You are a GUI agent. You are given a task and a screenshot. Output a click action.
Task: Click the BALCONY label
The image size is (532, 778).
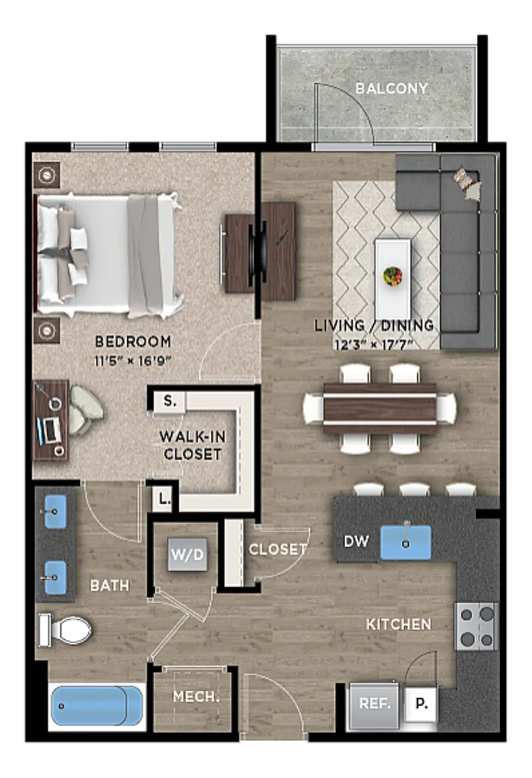392,89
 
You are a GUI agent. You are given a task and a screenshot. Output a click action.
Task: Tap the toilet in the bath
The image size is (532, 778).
65,630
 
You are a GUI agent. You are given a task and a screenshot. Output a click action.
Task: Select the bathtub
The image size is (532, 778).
97,706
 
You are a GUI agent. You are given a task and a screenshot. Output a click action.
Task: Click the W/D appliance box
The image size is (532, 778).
187,555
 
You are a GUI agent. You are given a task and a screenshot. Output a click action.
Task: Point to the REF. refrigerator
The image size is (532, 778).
374,703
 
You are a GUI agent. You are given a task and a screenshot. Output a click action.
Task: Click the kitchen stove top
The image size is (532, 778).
476,626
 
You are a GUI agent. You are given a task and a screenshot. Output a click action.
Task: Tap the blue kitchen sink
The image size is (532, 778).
405,543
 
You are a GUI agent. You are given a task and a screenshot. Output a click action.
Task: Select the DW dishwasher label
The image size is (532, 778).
356,541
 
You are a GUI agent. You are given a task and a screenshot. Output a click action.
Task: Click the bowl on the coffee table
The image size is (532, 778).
393,276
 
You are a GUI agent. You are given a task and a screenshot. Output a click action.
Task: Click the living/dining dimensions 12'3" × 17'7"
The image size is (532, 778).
374,345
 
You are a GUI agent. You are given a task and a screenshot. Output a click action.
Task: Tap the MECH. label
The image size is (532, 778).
197,696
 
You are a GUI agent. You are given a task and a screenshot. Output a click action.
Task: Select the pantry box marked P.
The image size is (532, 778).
421,703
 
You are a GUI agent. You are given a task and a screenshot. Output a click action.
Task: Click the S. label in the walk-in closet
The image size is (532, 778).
170,401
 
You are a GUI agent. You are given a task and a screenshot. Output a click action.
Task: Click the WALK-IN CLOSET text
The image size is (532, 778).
193,445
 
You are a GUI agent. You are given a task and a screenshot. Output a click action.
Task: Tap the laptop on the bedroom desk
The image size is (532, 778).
49,431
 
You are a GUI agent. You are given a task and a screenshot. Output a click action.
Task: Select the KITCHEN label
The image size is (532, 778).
398,624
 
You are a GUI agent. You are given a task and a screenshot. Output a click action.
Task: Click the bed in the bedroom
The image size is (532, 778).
108,256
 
